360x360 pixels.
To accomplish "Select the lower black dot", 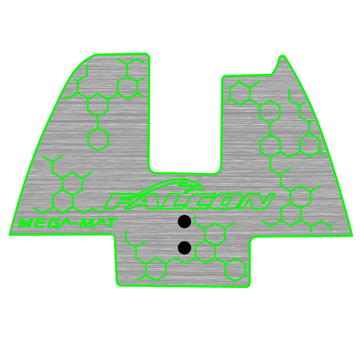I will coord(184,248).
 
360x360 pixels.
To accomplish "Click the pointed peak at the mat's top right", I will coord(282,57).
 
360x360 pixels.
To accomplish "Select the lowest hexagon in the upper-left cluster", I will coord(98,138).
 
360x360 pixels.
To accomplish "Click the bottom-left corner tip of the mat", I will coord(10,235).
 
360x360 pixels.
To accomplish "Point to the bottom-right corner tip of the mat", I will coord(351,236).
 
